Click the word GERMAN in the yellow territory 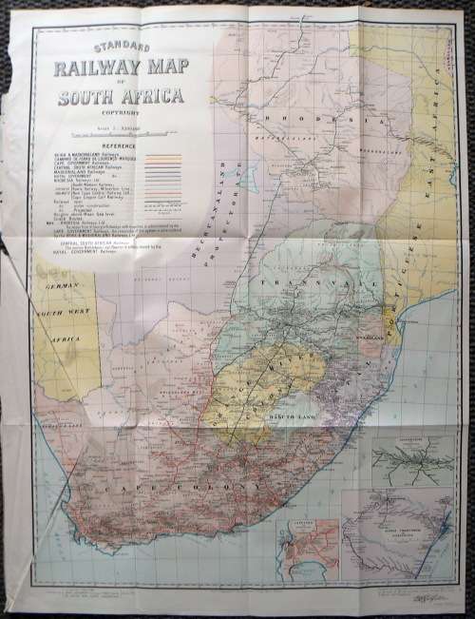coord(60,285)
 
